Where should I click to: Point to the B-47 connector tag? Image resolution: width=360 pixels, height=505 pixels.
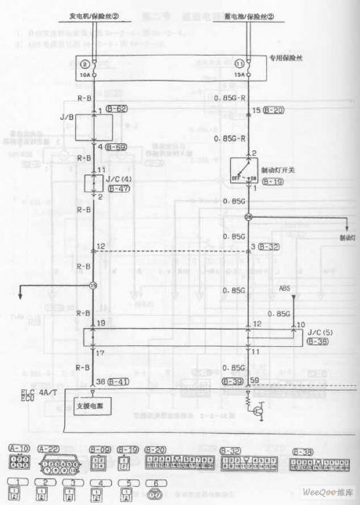[117, 189]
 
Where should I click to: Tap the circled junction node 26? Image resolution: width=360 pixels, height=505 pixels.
[248, 218]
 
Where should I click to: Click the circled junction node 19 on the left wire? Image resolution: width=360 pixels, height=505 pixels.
[92, 286]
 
